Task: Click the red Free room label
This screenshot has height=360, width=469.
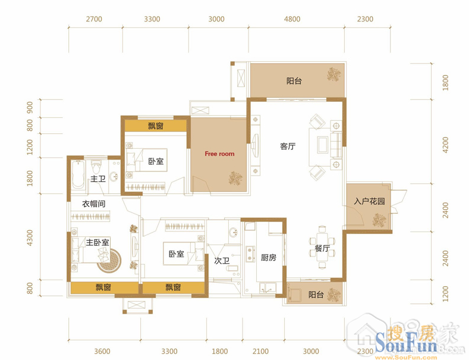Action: (x=219, y=154)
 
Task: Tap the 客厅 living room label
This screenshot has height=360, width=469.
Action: (x=288, y=146)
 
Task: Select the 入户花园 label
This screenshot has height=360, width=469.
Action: (x=369, y=201)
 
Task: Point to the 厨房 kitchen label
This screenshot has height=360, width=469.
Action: (x=268, y=257)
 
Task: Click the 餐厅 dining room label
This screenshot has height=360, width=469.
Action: (x=322, y=248)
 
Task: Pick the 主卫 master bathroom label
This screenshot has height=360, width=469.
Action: (x=98, y=179)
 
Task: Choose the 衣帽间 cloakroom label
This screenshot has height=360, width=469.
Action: (x=93, y=204)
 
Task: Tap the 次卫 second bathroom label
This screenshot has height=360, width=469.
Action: (x=222, y=261)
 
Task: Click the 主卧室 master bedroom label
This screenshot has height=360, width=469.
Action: (x=97, y=242)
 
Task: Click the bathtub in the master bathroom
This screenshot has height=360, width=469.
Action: (x=78, y=174)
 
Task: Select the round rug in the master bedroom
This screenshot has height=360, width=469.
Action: (x=109, y=261)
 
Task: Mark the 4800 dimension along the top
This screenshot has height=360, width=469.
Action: (x=292, y=19)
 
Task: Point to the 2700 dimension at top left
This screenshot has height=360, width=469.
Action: (x=94, y=19)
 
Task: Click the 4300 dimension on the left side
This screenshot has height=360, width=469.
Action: (x=30, y=238)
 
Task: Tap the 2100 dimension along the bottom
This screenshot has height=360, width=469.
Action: (x=260, y=351)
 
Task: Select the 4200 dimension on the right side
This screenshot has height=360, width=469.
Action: (x=445, y=145)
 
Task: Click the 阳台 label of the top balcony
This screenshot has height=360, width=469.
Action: (x=294, y=81)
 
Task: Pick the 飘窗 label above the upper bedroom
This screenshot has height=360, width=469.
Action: (x=156, y=126)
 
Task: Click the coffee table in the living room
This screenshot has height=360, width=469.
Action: (x=322, y=145)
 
